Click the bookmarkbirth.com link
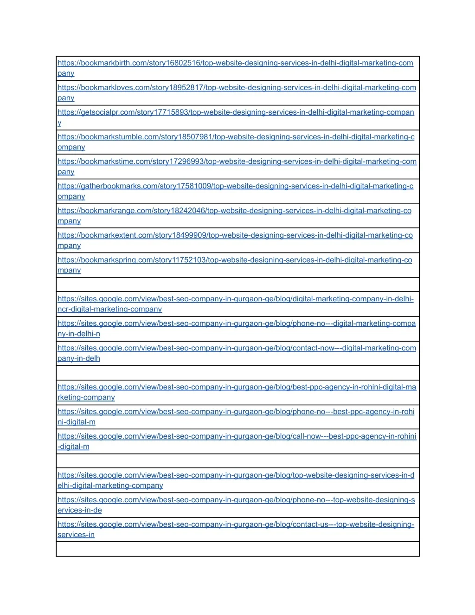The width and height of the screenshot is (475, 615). pyautogui.click(x=235, y=63)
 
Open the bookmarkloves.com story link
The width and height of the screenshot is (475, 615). pyautogui.click(x=237, y=88)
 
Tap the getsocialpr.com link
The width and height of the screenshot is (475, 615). pyautogui.click(x=236, y=112)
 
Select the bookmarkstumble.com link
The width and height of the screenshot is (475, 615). pyautogui.click(x=236, y=137)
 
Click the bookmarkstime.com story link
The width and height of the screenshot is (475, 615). pyautogui.click(x=237, y=162)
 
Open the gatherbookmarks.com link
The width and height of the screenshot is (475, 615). pyautogui.click(x=235, y=186)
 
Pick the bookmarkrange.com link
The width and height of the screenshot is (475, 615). pyautogui.click(x=234, y=211)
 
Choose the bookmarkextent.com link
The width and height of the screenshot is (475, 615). pyautogui.click(x=235, y=235)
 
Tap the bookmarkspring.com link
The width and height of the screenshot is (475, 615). pyautogui.click(x=235, y=260)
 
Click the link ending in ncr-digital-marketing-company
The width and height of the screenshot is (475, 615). pyautogui.click(x=109, y=309)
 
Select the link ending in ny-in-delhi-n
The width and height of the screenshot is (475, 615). pyautogui.click(x=79, y=334)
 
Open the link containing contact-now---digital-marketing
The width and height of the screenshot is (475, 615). pyautogui.click(x=237, y=348)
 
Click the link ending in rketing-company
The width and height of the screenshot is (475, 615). pyautogui.click(x=86, y=397)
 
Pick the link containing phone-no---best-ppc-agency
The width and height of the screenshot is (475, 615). pyautogui.click(x=236, y=412)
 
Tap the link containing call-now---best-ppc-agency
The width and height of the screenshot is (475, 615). pyautogui.click(x=237, y=436)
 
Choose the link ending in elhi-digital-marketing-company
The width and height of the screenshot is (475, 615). pyautogui.click(x=110, y=486)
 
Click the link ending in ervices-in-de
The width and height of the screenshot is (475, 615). pyautogui.click(x=80, y=510)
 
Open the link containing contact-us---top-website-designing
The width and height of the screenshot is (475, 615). pyautogui.click(x=236, y=524)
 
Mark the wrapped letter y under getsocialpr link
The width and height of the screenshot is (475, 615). pyautogui.click(x=59, y=123)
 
